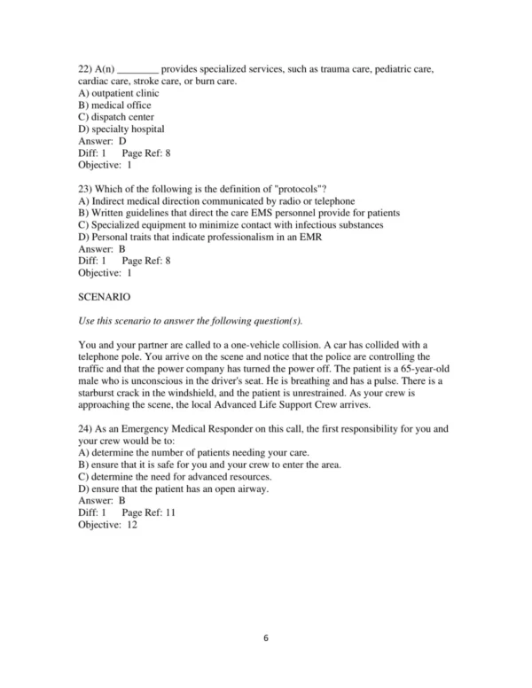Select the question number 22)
(86, 69)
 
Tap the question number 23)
(86, 189)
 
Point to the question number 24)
(86, 428)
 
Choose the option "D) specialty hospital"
(121, 129)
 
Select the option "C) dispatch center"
(115, 117)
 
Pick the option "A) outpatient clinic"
(119, 93)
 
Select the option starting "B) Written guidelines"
(239, 213)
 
